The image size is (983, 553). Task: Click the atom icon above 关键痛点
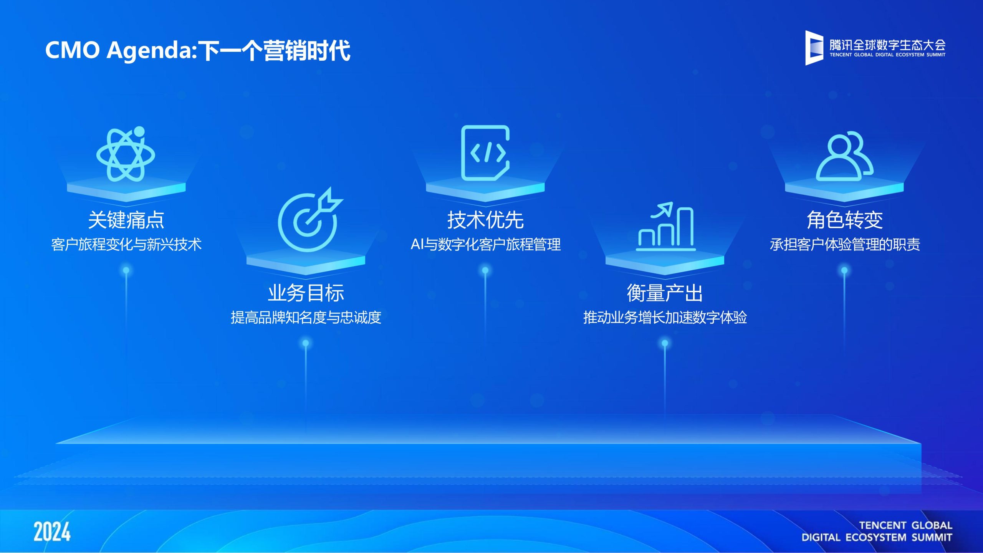pyautogui.click(x=126, y=154)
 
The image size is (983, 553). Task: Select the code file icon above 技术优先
pyautogui.click(x=485, y=153)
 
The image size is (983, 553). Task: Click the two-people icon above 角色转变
pyautogui.click(x=845, y=156)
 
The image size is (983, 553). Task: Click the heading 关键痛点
pyautogui.click(x=126, y=220)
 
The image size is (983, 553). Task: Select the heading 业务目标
pyautogui.click(x=306, y=293)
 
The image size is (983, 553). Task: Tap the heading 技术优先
pyautogui.click(x=485, y=220)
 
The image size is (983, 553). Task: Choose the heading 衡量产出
pyautogui.click(x=665, y=293)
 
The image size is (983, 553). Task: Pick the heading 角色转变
pyautogui.click(x=844, y=220)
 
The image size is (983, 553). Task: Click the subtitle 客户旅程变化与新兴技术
pyautogui.click(x=126, y=244)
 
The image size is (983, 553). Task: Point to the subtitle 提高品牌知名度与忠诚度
pyautogui.click(x=306, y=317)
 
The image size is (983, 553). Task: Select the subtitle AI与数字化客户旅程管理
pyautogui.click(x=486, y=244)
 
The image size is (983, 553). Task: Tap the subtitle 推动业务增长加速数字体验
pyautogui.click(x=665, y=317)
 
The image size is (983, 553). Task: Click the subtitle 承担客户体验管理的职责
pyautogui.click(x=845, y=244)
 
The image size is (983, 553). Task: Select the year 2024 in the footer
pyautogui.click(x=52, y=531)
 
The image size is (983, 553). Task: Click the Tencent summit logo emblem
pyautogui.click(x=814, y=48)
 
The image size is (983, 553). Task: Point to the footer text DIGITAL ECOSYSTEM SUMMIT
pyautogui.click(x=877, y=537)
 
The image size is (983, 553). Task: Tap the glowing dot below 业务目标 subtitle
pyautogui.click(x=306, y=343)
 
